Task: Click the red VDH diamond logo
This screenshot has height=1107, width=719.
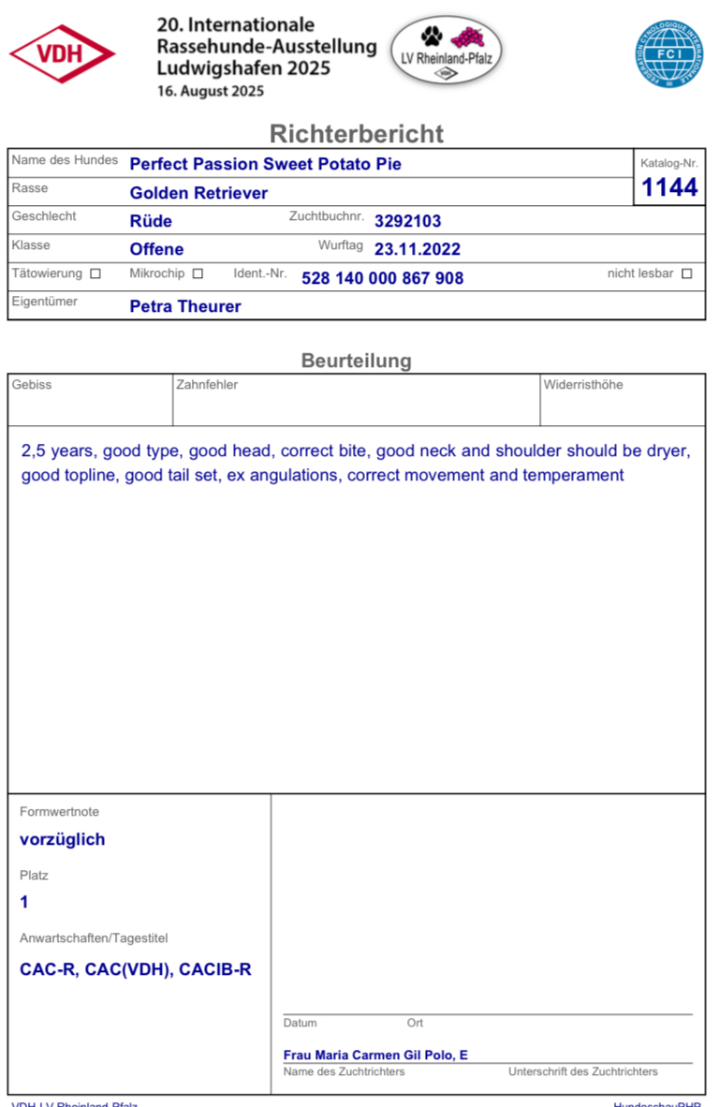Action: tap(62, 54)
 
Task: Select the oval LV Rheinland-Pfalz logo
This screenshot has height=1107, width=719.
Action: tap(446, 51)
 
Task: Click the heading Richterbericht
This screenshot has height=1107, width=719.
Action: tap(357, 133)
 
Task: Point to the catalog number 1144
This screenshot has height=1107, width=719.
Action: tap(669, 187)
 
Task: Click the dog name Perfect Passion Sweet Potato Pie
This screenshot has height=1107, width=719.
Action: tap(265, 164)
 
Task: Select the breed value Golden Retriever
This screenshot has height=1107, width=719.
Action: tap(198, 193)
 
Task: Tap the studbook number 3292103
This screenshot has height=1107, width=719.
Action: tap(407, 221)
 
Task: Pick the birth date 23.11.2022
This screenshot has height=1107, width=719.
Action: tap(417, 249)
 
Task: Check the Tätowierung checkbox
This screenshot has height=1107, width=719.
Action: tap(95, 274)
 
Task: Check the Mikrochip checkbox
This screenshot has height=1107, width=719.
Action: tap(198, 274)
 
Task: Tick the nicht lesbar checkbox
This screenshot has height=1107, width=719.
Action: tap(687, 274)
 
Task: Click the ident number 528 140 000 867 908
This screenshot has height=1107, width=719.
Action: tap(382, 278)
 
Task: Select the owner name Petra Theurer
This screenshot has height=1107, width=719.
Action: tap(185, 306)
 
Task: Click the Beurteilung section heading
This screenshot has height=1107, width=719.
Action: tap(356, 361)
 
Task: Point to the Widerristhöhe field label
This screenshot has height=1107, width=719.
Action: tap(582, 385)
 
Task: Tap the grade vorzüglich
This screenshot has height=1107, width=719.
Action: tap(62, 839)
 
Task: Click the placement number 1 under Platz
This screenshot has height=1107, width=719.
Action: tap(24, 902)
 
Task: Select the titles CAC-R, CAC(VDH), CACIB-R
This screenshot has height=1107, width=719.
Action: tap(136, 969)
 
